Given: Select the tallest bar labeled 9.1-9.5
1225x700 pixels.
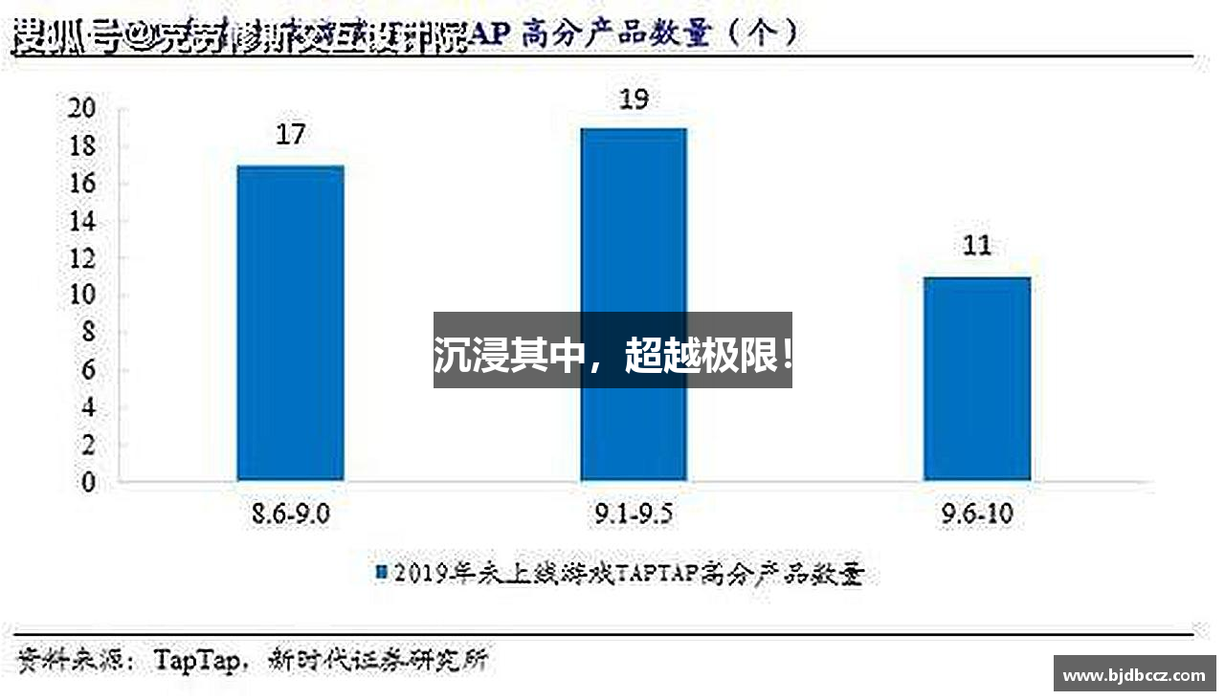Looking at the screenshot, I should [633, 239].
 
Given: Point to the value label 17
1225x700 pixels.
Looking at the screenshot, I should [290, 134].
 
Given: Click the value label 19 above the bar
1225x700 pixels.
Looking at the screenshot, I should [634, 98].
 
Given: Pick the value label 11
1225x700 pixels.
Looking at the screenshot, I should [976, 246].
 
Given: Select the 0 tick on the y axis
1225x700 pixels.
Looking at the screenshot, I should [88, 483].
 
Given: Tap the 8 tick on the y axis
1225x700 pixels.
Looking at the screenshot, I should [88, 333].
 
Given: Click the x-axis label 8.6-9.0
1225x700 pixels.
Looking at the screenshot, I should [290, 515].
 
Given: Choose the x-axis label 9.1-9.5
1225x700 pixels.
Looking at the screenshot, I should [633, 515].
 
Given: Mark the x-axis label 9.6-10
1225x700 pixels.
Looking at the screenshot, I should [976, 515].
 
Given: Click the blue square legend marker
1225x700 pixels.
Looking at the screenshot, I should [380, 573].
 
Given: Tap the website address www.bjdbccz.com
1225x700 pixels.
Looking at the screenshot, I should [1134, 674].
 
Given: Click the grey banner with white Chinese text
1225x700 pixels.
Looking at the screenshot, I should [612, 350].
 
